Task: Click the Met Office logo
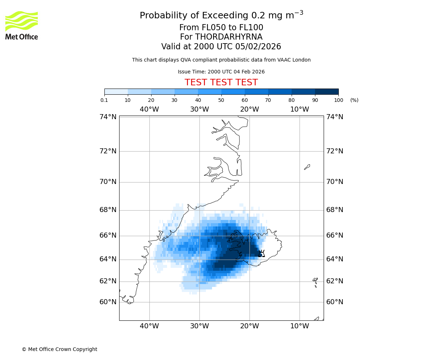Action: pos(22,25)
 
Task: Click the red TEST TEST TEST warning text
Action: pos(221,82)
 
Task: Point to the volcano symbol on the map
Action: pos(262,253)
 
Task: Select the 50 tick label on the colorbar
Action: pos(221,100)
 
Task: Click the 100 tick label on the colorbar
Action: pos(338,100)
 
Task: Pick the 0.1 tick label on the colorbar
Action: pos(104,100)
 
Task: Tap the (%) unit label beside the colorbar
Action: pos(354,100)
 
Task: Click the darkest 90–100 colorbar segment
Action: pos(327,91)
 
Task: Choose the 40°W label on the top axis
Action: pos(149,109)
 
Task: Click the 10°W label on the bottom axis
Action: pos(300,326)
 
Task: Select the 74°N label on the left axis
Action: pos(108,117)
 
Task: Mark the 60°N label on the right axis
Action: pos(335,302)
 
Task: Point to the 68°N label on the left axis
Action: pos(108,210)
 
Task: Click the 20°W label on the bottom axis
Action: pos(249,326)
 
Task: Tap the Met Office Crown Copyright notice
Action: pos(59,349)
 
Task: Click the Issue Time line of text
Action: pos(221,72)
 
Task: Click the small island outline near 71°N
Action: pos(307,167)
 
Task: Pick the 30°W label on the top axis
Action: pos(199,109)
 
